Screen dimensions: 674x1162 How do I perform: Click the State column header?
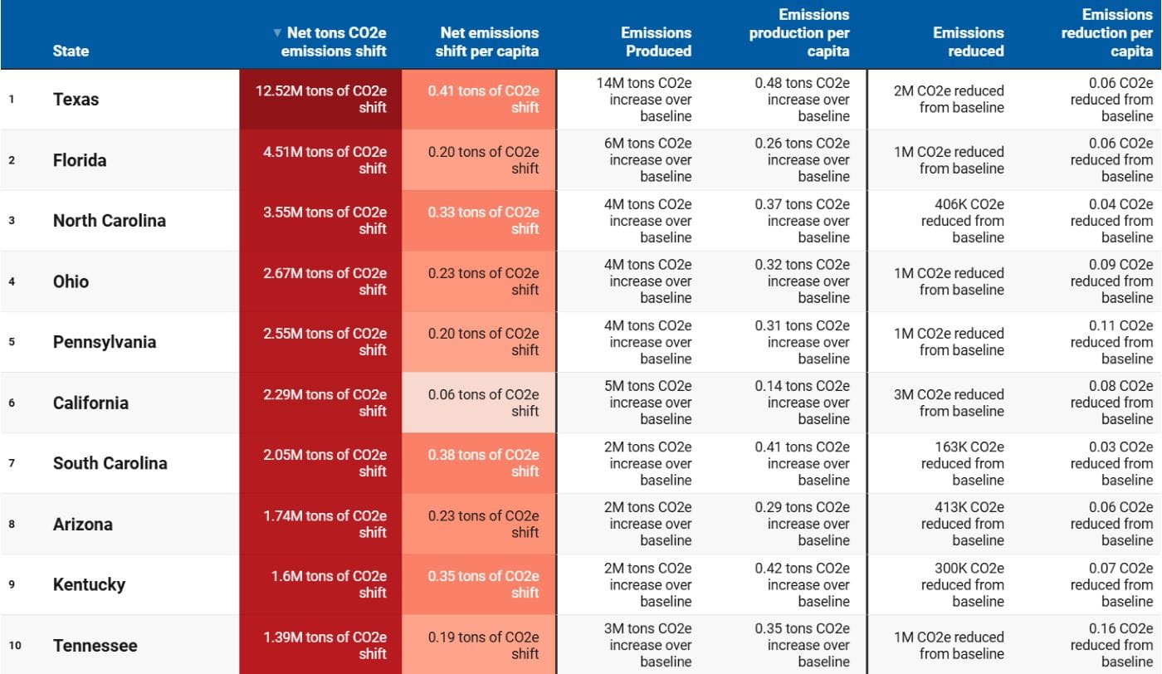click(x=71, y=51)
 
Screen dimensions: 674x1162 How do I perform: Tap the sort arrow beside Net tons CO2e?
click(x=277, y=33)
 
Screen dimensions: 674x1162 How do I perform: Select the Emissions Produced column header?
click(x=656, y=42)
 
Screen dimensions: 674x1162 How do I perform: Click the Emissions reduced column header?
click(x=968, y=42)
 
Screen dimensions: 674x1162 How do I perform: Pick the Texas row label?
click(x=76, y=100)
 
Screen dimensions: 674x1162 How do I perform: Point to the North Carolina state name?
click(x=109, y=221)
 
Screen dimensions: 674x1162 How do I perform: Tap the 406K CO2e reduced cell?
click(x=963, y=221)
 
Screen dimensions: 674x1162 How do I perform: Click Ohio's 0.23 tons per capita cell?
click(x=483, y=281)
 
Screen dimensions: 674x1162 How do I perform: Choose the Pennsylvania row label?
click(x=104, y=342)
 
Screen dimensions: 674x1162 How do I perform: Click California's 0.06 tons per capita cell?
click(x=483, y=403)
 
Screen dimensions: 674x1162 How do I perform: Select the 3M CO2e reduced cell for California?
click(x=949, y=403)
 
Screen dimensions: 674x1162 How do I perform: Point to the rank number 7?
click(x=12, y=463)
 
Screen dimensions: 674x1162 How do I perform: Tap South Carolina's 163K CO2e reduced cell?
click(x=963, y=463)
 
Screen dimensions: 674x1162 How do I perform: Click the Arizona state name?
click(x=82, y=525)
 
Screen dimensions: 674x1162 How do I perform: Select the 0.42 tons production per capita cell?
click(x=802, y=584)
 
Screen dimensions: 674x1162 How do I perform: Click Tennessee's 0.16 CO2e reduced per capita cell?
click(x=1111, y=645)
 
